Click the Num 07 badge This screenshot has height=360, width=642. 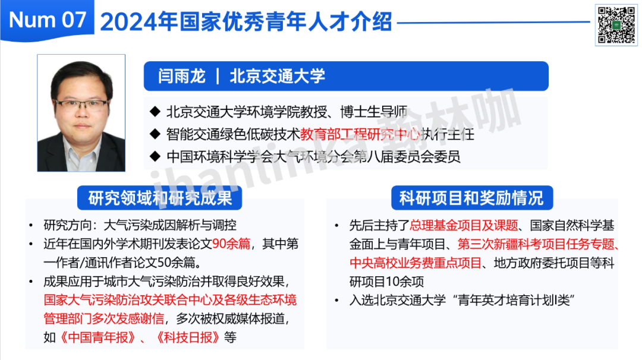point(47,20)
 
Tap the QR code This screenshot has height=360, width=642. point(616,24)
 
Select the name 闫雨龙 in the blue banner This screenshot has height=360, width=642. point(182,76)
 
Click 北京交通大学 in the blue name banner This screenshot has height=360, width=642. point(277,76)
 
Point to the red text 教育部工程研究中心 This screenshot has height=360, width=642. point(360,134)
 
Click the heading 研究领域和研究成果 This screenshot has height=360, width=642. point(160,198)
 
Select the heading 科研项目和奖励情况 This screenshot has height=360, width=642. point(471,198)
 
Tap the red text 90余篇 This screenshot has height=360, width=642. point(231,244)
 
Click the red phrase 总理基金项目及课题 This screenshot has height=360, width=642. point(464,225)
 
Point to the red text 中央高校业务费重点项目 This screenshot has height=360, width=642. point(416,263)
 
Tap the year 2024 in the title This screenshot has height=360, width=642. point(129,21)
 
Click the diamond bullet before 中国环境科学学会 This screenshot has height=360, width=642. point(155,156)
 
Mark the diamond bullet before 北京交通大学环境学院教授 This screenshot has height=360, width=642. point(155,111)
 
